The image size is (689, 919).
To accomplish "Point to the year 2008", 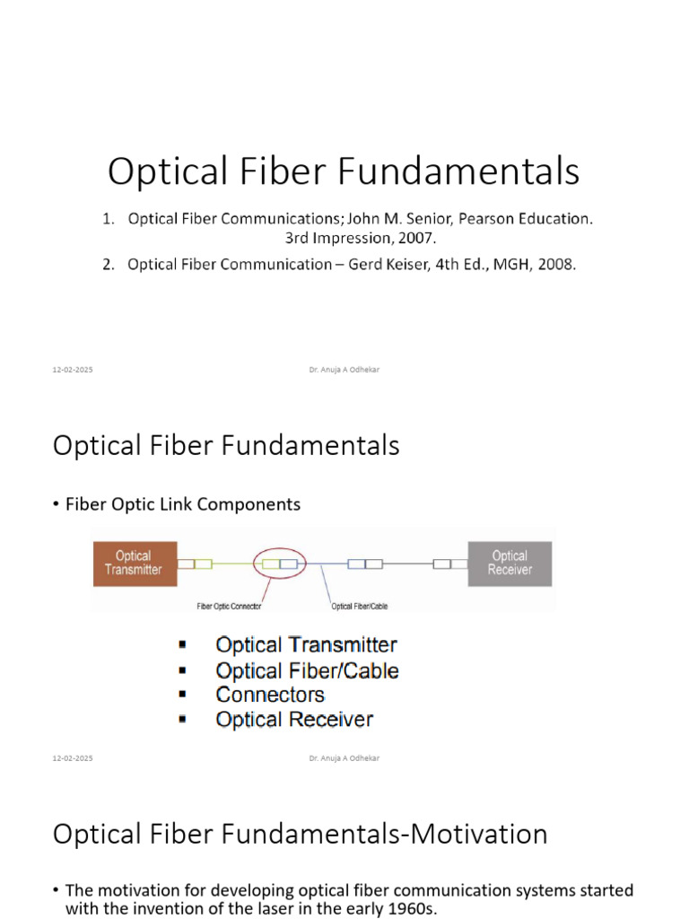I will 554,265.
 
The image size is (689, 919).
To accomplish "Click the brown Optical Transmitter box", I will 134,563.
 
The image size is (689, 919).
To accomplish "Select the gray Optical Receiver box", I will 510,563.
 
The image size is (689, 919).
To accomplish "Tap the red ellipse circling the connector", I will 279,564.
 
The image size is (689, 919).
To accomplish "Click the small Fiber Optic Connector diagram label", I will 229,606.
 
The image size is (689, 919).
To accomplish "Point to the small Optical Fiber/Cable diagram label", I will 360,606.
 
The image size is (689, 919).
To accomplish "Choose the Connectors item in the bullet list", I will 270,695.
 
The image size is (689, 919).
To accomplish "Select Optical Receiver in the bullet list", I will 294,719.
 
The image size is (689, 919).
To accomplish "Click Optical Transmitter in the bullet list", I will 306,644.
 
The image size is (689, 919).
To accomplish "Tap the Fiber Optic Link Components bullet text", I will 183,504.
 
